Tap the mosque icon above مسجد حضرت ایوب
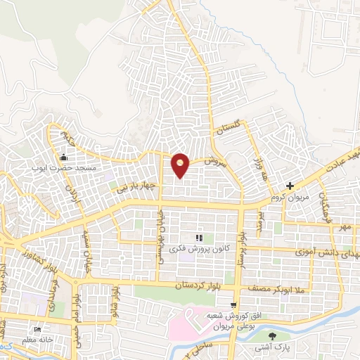[x=64, y=157]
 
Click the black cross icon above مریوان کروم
[x=289, y=186]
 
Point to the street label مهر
[x=343, y=227]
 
